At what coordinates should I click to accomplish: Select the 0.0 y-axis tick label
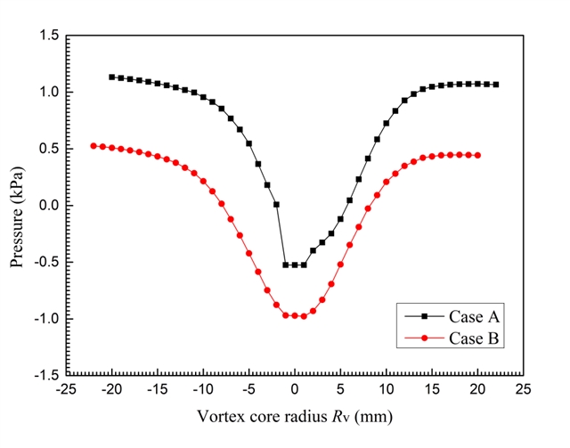click(x=49, y=205)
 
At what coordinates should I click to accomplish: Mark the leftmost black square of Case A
click(x=111, y=77)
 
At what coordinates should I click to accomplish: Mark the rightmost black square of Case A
click(x=495, y=85)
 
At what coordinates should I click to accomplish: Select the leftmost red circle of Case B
click(x=94, y=146)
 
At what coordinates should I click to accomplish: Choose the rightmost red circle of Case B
click(x=477, y=155)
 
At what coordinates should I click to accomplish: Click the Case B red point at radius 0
click(x=294, y=315)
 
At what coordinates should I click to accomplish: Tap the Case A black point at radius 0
click(x=294, y=265)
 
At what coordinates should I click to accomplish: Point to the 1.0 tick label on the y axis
click(x=49, y=92)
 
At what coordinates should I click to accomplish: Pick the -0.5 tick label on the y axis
click(x=46, y=262)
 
